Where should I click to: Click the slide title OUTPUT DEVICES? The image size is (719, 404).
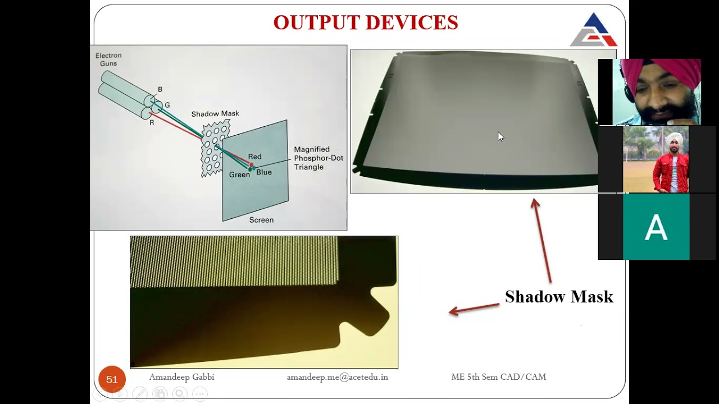(366, 22)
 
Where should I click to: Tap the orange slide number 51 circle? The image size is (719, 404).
(112, 380)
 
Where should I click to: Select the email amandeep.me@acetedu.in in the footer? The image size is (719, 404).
(337, 377)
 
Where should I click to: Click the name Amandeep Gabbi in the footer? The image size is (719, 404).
(181, 377)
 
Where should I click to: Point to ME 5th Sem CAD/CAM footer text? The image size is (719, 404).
(498, 377)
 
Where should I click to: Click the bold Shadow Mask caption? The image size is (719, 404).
(559, 297)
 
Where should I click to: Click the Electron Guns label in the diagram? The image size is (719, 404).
(108, 59)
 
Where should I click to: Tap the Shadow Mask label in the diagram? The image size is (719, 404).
(215, 114)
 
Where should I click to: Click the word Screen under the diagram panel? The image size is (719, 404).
(261, 220)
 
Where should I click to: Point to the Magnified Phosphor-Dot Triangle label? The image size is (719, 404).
(318, 158)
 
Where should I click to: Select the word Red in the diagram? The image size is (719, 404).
(254, 157)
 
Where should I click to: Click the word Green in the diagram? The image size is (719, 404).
(239, 175)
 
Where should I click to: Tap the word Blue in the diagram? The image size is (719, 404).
(264, 172)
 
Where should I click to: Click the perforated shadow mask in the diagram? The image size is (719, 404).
(215, 147)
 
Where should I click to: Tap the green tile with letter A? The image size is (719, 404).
(656, 227)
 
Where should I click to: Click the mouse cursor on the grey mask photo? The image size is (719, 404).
(500, 136)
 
